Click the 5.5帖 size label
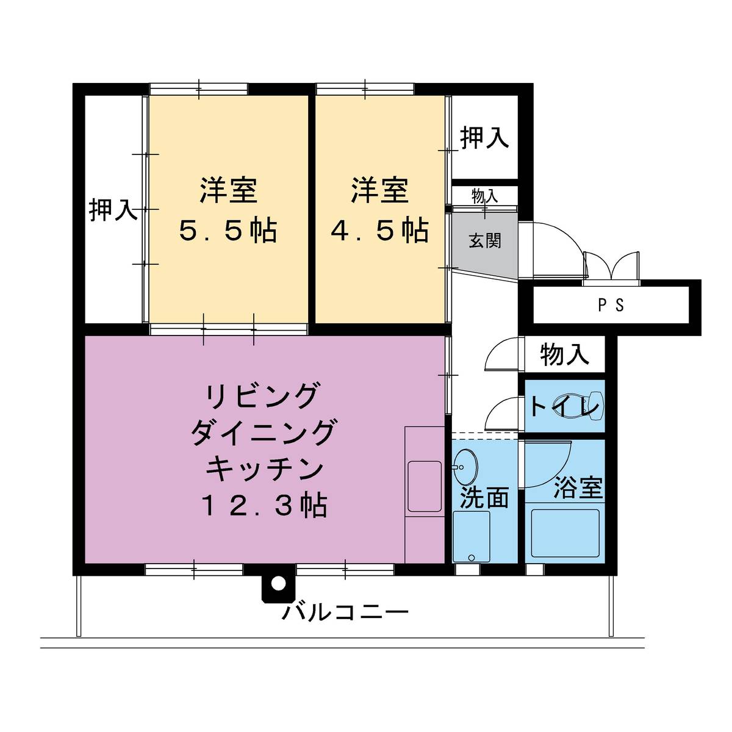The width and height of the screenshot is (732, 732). pyautogui.click(x=228, y=231)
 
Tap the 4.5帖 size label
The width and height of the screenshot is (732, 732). pyautogui.click(x=379, y=231)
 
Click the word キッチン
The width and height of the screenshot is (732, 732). pyautogui.click(x=264, y=470)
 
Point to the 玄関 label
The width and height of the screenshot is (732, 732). pyautogui.click(x=485, y=240)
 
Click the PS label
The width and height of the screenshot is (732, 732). pyautogui.click(x=611, y=306)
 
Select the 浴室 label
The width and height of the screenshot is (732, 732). pyautogui.click(x=578, y=488)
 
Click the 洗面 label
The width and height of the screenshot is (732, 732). pyautogui.click(x=484, y=498)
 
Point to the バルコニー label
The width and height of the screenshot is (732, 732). pyautogui.click(x=345, y=611)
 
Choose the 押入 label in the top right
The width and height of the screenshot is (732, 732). pyautogui.click(x=484, y=138)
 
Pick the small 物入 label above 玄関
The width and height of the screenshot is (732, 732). pyautogui.click(x=485, y=196)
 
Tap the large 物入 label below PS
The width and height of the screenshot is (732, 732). pyautogui.click(x=565, y=354)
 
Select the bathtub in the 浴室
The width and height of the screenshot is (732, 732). pyautogui.click(x=565, y=533)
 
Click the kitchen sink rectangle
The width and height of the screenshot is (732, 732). pyautogui.click(x=425, y=486)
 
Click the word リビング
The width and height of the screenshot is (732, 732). pyautogui.click(x=264, y=396)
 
